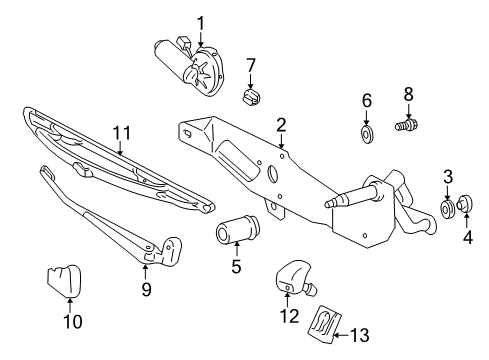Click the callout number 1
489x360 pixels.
(x=199, y=22)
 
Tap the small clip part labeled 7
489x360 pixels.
(x=251, y=95)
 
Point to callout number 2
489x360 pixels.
(x=283, y=124)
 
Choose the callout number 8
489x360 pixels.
(x=408, y=95)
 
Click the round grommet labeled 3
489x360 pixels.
(x=448, y=209)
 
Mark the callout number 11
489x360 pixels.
(x=121, y=131)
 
